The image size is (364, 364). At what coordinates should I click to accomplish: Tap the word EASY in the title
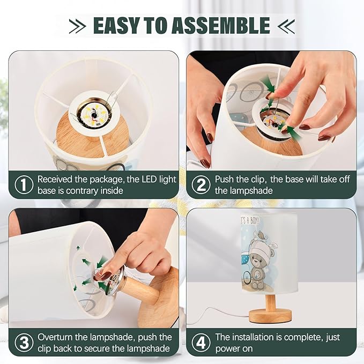pyautogui.click(x=116, y=25)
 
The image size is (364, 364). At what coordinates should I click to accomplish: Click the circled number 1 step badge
pyautogui.click(x=24, y=185)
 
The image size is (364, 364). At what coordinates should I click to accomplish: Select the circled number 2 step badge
pyautogui.click(x=201, y=185)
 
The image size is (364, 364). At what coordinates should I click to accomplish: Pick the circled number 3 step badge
pyautogui.click(x=24, y=343)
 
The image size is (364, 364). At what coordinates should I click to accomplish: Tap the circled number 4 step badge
pyautogui.click(x=201, y=343)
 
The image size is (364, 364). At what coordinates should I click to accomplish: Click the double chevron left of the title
pyautogui.click(x=77, y=26)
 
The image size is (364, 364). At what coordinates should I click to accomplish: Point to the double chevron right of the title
pyautogui.click(x=286, y=26)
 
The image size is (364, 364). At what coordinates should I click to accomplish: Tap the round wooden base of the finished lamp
pyautogui.click(x=270, y=316)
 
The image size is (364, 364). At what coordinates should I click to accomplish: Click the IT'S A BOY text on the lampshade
pyautogui.click(x=250, y=221)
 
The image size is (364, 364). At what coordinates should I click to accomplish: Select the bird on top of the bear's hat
pyautogui.click(x=261, y=237)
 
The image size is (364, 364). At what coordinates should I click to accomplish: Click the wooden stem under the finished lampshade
pyautogui.click(x=270, y=302)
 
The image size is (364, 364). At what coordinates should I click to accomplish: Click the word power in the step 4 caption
pyautogui.click(x=228, y=349)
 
